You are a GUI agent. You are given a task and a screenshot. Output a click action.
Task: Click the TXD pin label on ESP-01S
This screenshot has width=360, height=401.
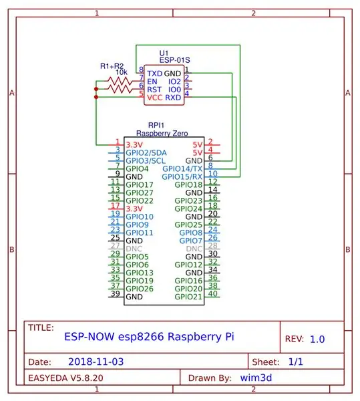tap(154, 74)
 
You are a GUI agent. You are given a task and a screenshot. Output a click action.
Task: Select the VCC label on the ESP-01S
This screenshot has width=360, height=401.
tap(154, 98)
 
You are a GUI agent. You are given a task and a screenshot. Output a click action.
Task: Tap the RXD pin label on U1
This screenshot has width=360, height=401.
tap(173, 98)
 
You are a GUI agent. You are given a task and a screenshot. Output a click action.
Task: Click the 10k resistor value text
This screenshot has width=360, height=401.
tap(122, 72)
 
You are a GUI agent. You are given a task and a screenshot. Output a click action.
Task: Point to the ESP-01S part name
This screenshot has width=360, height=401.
tap(175, 60)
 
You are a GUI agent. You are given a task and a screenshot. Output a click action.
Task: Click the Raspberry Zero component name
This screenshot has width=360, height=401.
tap(162, 133)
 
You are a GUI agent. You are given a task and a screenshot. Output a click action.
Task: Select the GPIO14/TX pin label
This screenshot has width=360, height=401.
tap(182, 169)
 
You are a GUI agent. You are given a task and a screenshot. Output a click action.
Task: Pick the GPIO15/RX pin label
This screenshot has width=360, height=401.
tap(182, 176)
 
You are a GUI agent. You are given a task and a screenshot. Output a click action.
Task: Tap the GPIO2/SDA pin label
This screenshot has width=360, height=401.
tap(146, 153)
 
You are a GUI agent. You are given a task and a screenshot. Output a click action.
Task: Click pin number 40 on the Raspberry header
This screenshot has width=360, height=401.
tap(213, 294)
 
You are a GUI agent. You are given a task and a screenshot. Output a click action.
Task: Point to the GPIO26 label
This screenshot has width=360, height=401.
tap(140, 289)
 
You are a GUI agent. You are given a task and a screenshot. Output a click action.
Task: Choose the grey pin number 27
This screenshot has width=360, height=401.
tap(116, 246)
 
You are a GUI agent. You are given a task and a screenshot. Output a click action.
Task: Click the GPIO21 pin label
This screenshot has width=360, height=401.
tap(188, 297)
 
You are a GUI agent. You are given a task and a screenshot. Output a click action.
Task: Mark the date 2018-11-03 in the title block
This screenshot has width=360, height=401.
tap(96, 362)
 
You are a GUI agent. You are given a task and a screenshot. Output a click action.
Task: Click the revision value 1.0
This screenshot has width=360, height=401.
tap(317, 340)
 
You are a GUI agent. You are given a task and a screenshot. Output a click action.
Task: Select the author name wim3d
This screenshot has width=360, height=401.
tap(256, 378)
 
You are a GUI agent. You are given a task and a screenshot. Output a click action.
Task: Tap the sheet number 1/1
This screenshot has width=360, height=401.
tap(296, 362)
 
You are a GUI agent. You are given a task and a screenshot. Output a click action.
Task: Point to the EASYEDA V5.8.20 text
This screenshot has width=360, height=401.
tap(65, 378)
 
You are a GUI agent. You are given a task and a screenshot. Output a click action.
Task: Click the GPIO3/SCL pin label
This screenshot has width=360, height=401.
tap(146, 161)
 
